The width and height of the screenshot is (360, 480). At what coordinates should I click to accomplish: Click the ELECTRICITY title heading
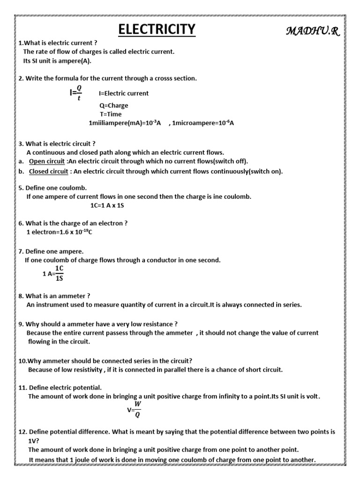(x=156, y=29)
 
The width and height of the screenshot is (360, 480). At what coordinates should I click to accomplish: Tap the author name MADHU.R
(x=315, y=31)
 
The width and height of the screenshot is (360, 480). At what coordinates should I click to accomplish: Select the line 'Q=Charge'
(x=113, y=105)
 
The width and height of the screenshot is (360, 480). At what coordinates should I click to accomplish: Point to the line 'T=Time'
(x=111, y=114)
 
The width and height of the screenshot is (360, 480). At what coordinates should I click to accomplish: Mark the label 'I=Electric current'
(x=124, y=93)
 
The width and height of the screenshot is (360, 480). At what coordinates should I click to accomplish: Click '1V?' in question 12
(x=33, y=441)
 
